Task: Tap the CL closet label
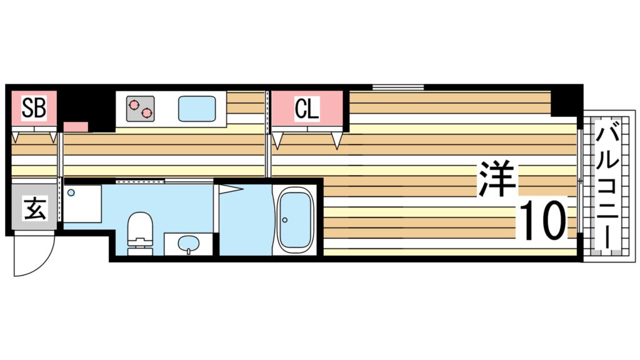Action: pyautogui.click(x=307, y=109)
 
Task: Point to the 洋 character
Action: pyautogui.click(x=497, y=179)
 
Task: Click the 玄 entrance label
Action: pyautogui.click(x=34, y=209)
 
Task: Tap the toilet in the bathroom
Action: pyautogui.click(x=139, y=232)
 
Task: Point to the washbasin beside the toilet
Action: pyautogui.click(x=186, y=243)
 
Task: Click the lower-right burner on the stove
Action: pyautogui.click(x=147, y=113)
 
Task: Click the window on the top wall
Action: pyautogui.click(x=398, y=87)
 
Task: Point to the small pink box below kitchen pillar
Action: pyautogui.click(x=76, y=127)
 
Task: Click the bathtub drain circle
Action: pyautogui.click(x=285, y=219)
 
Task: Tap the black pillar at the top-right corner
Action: pyautogui.click(x=566, y=100)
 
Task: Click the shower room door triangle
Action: pyautogui.click(x=230, y=188)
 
